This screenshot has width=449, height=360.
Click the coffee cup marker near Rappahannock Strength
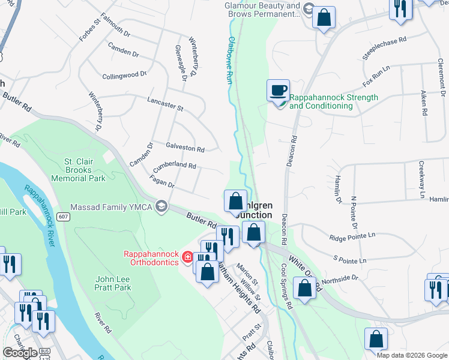[x=278, y=91]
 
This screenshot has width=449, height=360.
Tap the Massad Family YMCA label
[x=112, y=207]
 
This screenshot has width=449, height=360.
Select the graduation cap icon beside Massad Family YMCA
[x=160, y=207]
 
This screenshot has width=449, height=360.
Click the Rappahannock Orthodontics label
[x=151, y=257]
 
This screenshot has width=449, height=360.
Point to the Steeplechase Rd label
[x=385, y=47]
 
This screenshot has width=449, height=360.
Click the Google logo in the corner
[x=20, y=352]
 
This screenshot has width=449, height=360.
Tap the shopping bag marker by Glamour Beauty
[x=324, y=18]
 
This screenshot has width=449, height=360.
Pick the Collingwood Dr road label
[x=124, y=75]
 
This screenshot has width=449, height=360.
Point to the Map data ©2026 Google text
[x=412, y=355]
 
